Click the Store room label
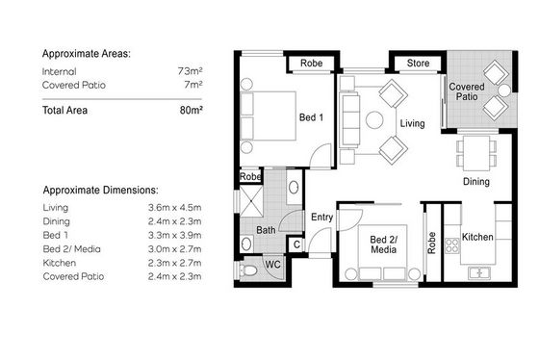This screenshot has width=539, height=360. [418, 64]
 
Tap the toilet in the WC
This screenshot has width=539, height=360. [248, 270]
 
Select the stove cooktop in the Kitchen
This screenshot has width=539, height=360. [452, 245]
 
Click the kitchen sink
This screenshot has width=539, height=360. [479, 272]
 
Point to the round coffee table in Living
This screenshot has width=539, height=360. [374, 120]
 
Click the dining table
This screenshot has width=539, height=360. [476, 153]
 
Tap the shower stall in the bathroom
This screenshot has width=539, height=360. [251, 201]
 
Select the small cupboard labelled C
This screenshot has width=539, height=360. [296, 244]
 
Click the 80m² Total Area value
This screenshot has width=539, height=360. [191, 111]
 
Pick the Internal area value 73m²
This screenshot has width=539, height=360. [190, 71]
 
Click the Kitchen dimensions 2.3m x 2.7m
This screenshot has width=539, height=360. [174, 263]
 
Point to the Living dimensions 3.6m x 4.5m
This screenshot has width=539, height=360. [174, 208]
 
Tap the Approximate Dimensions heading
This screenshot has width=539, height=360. [101, 191]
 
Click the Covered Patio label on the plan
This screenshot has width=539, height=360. [467, 91]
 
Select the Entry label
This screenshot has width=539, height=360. [321, 218]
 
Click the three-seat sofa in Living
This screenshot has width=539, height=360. [349, 120]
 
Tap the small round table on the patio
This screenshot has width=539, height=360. [504, 90]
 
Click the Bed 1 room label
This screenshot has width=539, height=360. [311, 117]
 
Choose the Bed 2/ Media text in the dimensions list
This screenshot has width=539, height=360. [71, 249]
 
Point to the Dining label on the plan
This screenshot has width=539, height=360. [476, 182]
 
